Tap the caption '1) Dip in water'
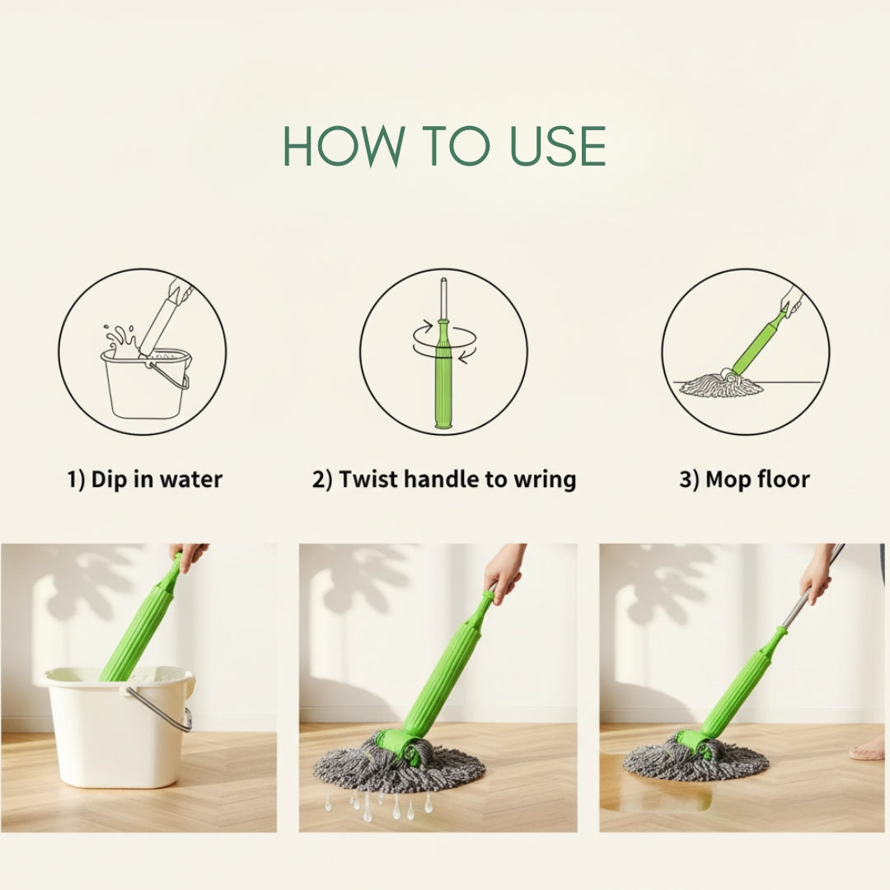pos(145,479)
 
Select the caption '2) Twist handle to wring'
pos(443,479)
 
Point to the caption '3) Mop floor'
pos(744,479)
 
